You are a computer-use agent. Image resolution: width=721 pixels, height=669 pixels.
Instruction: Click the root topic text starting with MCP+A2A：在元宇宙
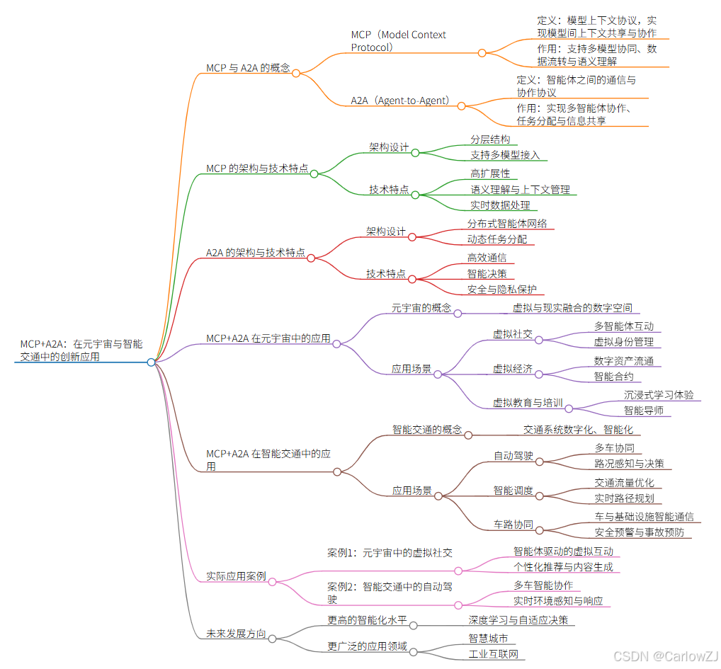pyautogui.click(x=81, y=350)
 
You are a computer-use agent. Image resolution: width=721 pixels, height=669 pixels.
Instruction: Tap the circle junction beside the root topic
pyautogui.click(x=151, y=362)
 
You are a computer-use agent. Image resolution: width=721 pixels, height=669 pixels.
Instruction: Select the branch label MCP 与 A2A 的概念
pyautogui.click(x=248, y=68)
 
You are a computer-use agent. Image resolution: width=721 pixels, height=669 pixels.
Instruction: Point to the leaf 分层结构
pyautogui.click(x=490, y=139)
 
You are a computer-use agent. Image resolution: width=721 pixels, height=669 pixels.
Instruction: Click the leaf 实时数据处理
pyautogui.click(x=500, y=205)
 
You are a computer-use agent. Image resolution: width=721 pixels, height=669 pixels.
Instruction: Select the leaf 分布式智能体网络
pyautogui.click(x=506, y=223)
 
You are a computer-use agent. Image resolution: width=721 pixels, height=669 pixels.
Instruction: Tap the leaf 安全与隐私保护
pyautogui.click(x=501, y=290)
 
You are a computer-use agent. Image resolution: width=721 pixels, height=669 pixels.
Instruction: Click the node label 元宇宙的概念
pyautogui.click(x=421, y=308)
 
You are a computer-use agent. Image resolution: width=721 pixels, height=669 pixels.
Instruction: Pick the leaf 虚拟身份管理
pyautogui.click(x=623, y=342)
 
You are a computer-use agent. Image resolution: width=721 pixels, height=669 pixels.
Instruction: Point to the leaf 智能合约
pyautogui.click(x=613, y=377)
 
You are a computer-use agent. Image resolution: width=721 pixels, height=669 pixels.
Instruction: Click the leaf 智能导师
pyautogui.click(x=643, y=410)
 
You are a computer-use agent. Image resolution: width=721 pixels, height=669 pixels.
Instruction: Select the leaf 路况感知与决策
pyautogui.click(x=629, y=464)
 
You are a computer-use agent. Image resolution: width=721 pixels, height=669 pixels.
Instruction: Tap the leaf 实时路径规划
pyautogui.click(x=623, y=498)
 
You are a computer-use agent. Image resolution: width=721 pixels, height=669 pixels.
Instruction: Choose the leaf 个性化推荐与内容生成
pyautogui.click(x=563, y=567)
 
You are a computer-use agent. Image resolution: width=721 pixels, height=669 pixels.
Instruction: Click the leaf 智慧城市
pyautogui.click(x=488, y=638)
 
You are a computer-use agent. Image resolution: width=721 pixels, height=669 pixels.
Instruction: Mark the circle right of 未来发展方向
pyautogui.click(x=272, y=639)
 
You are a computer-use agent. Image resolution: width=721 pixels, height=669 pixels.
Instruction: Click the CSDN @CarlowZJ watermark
pyautogui.click(x=666, y=656)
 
